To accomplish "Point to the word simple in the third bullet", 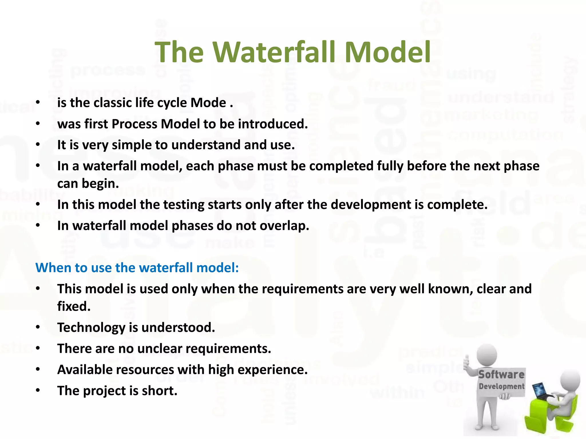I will pos(132,145).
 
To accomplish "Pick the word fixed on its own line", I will pos(74,306).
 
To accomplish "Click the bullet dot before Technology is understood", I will pos(38,328).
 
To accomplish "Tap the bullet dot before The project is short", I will pos(38,391).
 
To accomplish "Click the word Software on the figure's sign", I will pos(501,374).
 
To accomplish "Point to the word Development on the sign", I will pos(501,386).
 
